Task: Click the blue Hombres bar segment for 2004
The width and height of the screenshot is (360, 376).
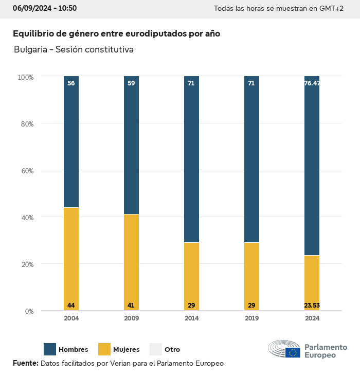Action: pyautogui.click(x=71, y=141)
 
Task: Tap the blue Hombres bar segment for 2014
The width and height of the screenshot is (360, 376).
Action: pyautogui.click(x=191, y=159)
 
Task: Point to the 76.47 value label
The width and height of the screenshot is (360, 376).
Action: pyautogui.click(x=312, y=83)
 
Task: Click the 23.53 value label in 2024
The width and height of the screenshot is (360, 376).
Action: pyautogui.click(x=312, y=306)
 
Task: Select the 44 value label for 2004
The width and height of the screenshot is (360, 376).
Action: pyautogui.click(x=71, y=306)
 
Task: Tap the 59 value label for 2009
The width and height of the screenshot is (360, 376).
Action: pyautogui.click(x=131, y=83)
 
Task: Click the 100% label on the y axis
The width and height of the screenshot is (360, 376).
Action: pyautogui.click(x=26, y=77)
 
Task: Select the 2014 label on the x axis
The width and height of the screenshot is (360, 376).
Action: pyautogui.click(x=191, y=318)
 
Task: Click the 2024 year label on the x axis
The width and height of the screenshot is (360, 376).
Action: pyautogui.click(x=312, y=318)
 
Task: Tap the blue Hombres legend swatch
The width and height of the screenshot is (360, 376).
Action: pyautogui.click(x=50, y=349)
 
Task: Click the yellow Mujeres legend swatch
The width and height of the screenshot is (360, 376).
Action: pyautogui.click(x=104, y=349)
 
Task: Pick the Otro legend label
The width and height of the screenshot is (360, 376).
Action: pyautogui.click(x=172, y=350)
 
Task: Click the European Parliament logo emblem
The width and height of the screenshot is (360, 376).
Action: pyautogui.click(x=284, y=349)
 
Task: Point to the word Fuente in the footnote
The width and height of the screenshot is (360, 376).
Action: pyautogui.click(x=25, y=363)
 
